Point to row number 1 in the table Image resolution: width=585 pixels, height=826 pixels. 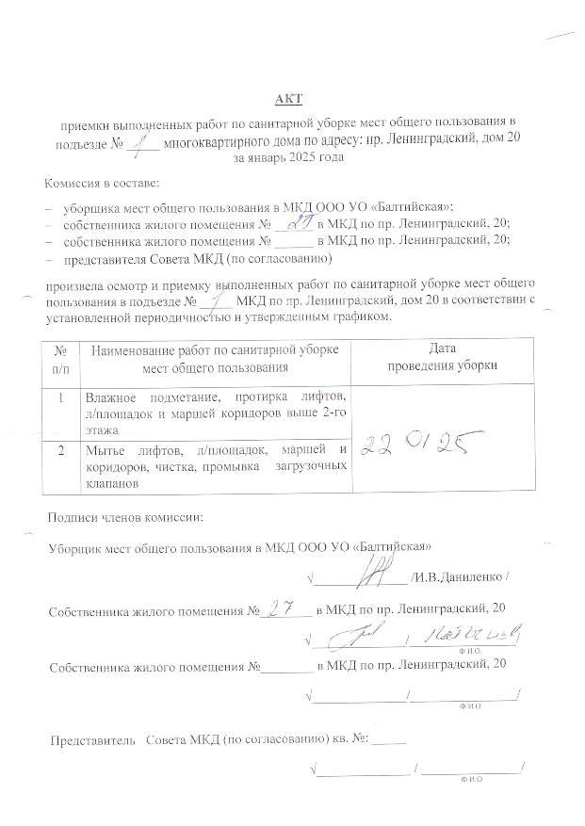61,397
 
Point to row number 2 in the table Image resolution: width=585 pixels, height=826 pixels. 61,451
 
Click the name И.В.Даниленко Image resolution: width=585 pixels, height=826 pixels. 458,575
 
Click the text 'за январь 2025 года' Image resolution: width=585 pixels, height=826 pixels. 287,158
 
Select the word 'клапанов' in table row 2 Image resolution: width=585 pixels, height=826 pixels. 112,482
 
